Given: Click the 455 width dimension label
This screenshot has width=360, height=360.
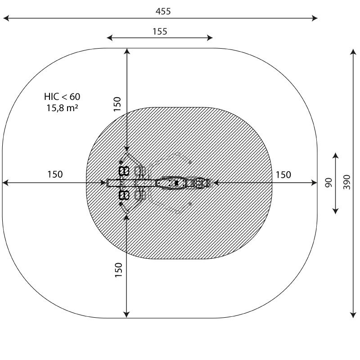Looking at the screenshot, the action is (x=163, y=11).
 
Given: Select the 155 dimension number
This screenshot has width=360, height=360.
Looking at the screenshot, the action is (x=160, y=31).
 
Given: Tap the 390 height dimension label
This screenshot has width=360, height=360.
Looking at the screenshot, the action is (x=347, y=182).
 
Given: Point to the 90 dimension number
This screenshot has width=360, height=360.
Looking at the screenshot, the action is (x=329, y=183).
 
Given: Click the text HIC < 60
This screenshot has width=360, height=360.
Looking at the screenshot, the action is (x=62, y=97).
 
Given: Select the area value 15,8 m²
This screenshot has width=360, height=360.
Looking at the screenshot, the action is (x=62, y=108).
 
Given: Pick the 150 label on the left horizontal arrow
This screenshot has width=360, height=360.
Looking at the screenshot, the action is (x=55, y=174).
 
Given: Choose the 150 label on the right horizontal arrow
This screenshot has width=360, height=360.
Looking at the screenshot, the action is (x=283, y=175).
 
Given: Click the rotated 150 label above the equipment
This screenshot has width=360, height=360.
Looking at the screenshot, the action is (x=117, y=104).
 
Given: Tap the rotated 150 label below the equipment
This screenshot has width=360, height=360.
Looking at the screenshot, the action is (x=118, y=270).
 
